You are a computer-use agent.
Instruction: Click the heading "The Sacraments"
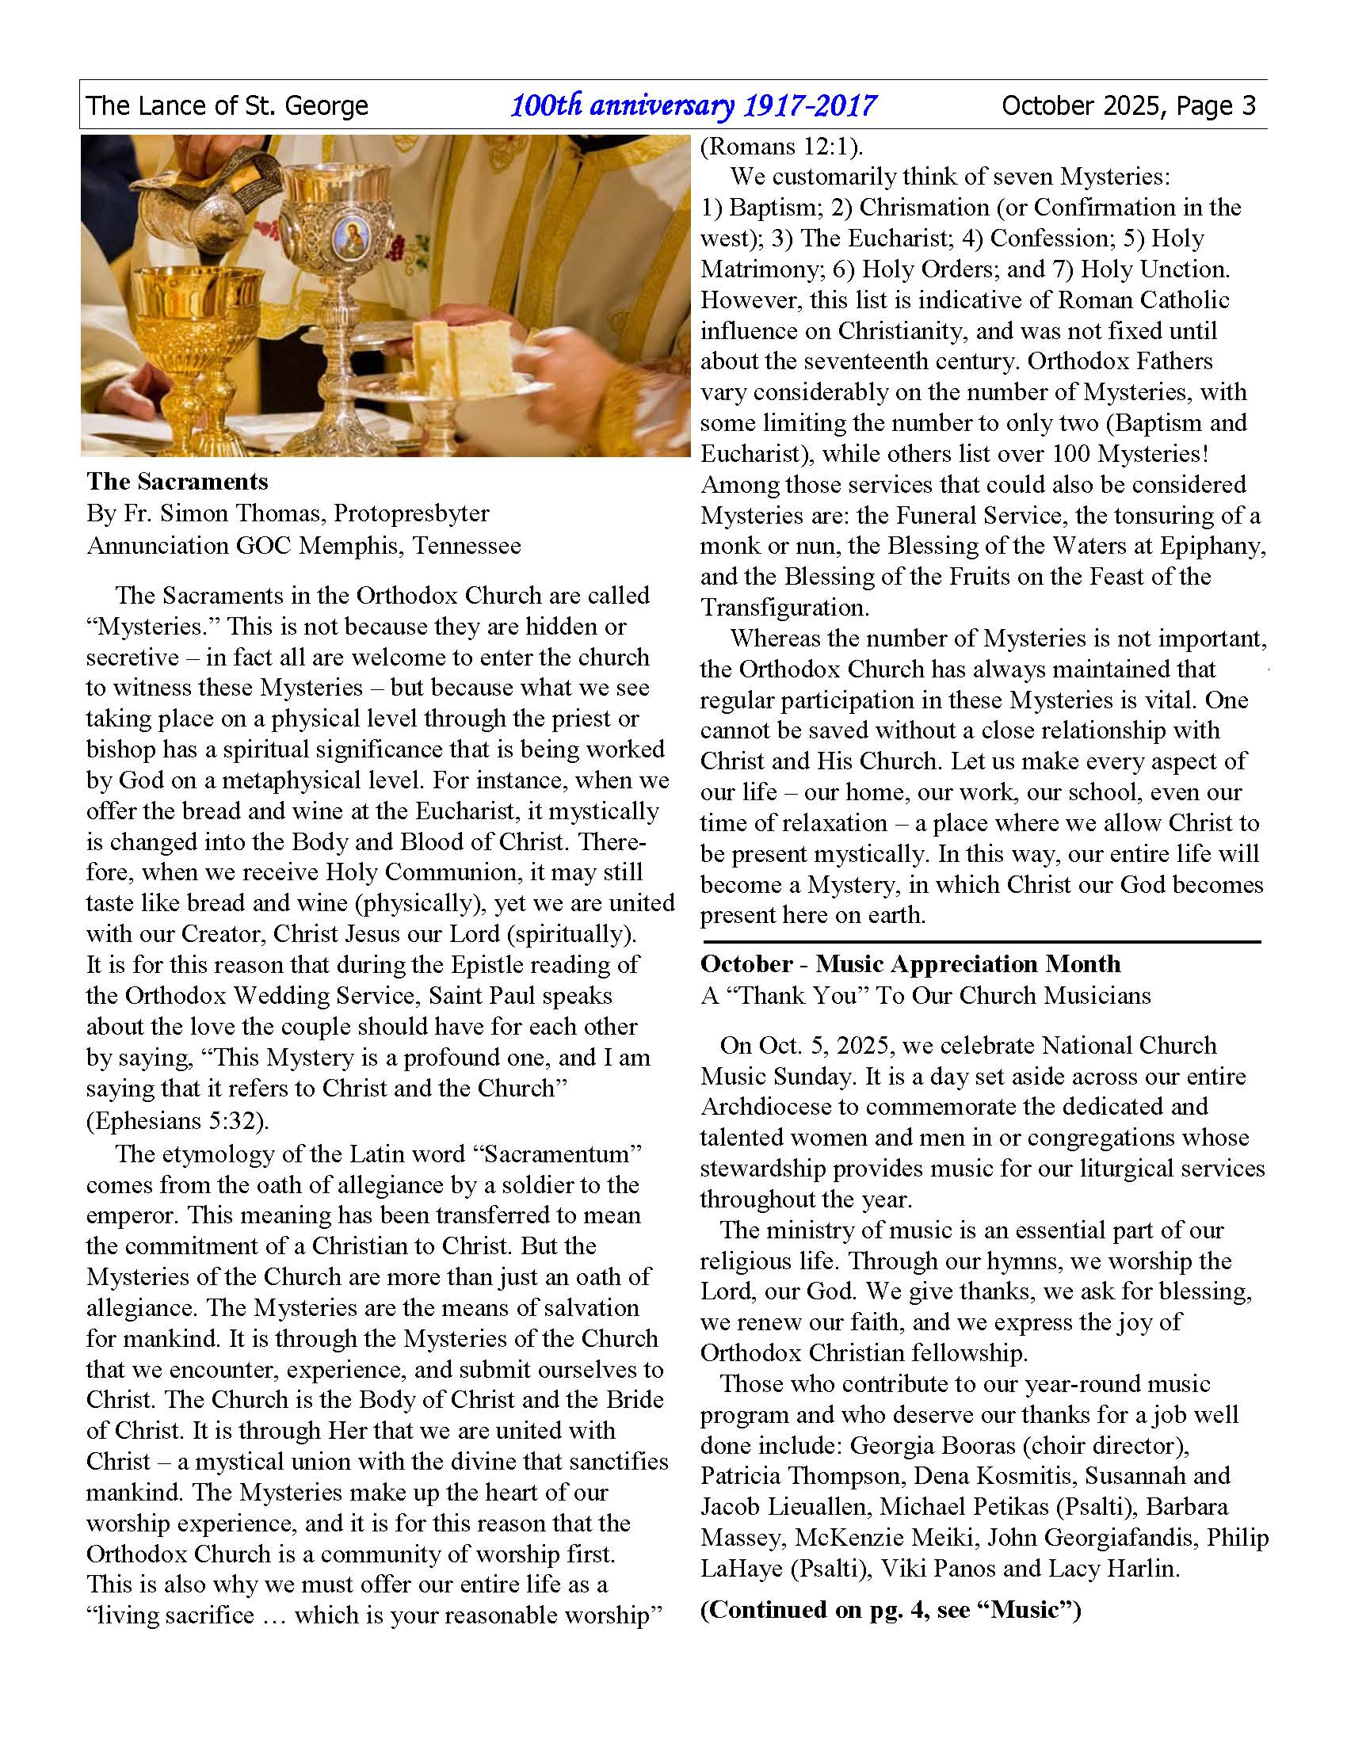coord(177,481)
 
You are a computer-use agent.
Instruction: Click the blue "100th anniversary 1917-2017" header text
coord(693,105)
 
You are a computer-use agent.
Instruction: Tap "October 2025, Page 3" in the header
coord(1128,105)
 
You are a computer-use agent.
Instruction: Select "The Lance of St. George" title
coord(227,105)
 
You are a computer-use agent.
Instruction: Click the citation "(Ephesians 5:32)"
coord(177,1120)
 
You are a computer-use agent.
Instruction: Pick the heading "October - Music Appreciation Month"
coord(910,964)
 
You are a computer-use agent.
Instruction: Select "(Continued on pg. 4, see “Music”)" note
coord(890,1610)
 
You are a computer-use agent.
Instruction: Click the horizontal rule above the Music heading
coord(980,942)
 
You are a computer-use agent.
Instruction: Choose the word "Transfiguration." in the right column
coord(784,608)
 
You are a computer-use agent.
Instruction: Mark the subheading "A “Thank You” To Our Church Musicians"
coord(925,996)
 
